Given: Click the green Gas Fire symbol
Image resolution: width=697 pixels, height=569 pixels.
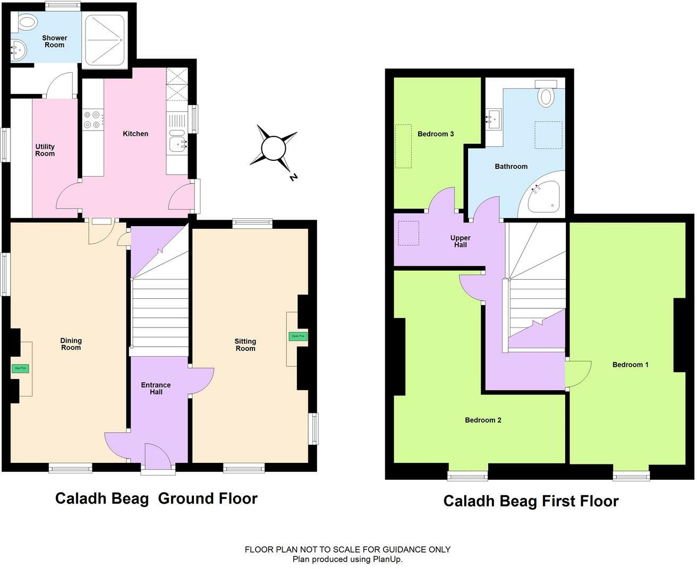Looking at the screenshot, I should point(20,368).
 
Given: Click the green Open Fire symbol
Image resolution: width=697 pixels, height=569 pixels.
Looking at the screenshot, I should point(297,336).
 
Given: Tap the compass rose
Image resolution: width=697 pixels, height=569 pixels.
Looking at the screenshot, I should point(274,148).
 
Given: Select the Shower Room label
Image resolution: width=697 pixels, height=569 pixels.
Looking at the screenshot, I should point(54,41).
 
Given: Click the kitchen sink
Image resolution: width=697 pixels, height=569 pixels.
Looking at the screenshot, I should point(177,142).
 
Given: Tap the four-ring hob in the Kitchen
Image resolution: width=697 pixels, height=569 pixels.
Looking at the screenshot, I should point(91,119).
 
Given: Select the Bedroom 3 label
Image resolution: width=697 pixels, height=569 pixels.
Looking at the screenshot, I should point(435,134).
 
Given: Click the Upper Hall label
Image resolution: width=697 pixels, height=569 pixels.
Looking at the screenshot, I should point(460,242).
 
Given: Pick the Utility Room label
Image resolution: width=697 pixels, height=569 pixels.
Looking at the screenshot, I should point(45,150).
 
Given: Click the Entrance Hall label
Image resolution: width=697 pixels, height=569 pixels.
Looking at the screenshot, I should point(156,389).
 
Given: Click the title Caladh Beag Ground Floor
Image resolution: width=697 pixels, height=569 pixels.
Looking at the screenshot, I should point(156,498).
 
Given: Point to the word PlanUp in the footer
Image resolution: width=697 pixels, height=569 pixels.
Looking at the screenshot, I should point(387,559).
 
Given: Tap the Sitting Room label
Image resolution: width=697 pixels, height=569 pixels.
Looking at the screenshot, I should point(245,344).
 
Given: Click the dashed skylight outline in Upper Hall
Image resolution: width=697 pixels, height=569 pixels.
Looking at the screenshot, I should point(409,233).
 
